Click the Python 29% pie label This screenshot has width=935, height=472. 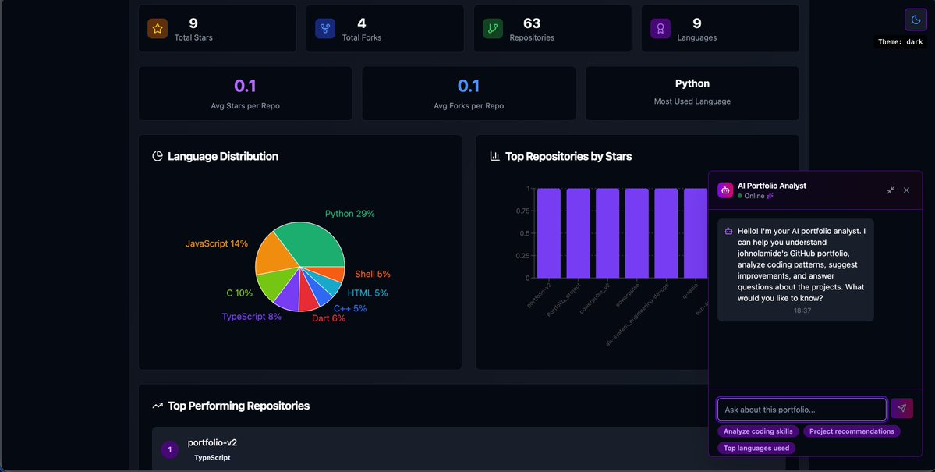point(349,214)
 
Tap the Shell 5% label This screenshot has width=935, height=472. point(372,274)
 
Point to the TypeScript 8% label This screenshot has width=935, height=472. point(251,317)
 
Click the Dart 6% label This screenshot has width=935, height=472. point(328,318)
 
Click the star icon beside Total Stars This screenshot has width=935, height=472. point(158,29)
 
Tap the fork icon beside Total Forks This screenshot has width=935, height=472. point(325,29)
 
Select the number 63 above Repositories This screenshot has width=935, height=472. point(532,23)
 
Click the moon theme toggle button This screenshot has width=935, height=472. point(915,20)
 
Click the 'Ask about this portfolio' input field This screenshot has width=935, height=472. point(802,409)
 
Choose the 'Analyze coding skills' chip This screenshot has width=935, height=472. point(758,431)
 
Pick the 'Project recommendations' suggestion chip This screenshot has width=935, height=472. point(852,431)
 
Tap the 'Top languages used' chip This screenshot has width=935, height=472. point(756,448)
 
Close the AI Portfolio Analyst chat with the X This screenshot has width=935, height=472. point(906,190)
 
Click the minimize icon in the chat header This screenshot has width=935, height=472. point(891,190)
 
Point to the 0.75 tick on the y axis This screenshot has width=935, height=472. point(522,211)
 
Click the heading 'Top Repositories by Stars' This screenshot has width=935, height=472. point(568,156)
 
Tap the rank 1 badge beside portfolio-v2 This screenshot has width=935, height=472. point(169,449)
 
